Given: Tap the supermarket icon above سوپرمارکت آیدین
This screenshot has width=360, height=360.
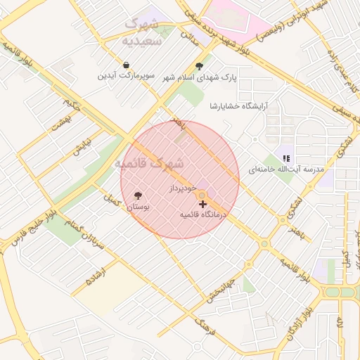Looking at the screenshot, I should [x=124, y=65].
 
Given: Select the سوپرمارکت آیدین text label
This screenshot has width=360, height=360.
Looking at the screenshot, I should [x=124, y=75].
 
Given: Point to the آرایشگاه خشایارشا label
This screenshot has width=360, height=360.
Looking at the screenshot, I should [x=240, y=105].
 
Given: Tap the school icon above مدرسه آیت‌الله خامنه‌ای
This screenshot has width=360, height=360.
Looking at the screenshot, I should [x=285, y=158].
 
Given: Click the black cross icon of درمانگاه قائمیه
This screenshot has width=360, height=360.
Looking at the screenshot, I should [x=203, y=203].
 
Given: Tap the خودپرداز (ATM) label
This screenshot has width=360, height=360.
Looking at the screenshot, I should [x=185, y=190].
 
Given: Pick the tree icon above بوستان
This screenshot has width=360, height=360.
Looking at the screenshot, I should [x=137, y=196].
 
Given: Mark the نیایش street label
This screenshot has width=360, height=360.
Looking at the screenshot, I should [x=82, y=146].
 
